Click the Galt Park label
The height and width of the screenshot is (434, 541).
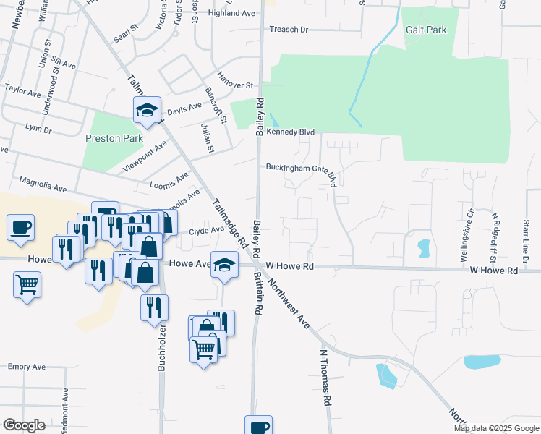tap(426, 30)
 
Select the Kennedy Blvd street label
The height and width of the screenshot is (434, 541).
tap(291, 132)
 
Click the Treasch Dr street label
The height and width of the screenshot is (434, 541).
tap(289, 30)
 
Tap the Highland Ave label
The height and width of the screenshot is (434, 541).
tap(231, 13)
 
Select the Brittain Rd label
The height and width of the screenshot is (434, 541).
tap(257, 292)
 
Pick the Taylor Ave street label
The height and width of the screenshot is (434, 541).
tap(23, 92)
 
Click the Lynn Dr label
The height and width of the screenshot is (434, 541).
tap(38, 128)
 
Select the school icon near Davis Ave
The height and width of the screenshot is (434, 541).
tap(146, 111)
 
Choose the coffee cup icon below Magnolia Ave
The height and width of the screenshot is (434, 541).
tap(20, 227)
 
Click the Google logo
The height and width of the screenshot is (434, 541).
tap(23, 425)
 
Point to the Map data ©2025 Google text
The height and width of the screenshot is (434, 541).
tap(495, 428)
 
